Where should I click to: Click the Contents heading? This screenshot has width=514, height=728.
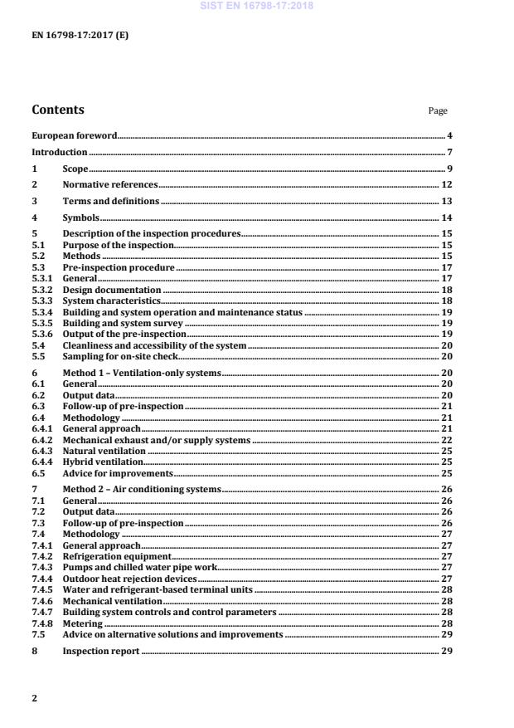tap(57, 110)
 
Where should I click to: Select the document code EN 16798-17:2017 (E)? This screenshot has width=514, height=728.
tap(80, 36)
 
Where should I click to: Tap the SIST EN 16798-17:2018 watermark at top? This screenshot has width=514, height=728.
tap(257, 6)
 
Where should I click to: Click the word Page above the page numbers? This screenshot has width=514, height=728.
tap(437, 111)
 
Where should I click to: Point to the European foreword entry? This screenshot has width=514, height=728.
tap(74, 135)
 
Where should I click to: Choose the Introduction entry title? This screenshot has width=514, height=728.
tap(59, 152)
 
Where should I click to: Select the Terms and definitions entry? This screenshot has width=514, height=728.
tap(111, 202)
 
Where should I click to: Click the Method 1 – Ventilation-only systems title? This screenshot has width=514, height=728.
tap(142, 374)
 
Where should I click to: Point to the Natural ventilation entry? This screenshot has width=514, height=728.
tap(104, 451)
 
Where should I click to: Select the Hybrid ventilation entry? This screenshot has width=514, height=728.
tap(103, 462)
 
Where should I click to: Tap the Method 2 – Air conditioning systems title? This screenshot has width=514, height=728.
tap(142, 490)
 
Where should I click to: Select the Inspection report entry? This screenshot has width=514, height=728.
tap(101, 652)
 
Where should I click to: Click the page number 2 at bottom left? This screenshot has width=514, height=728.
tap(34, 698)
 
